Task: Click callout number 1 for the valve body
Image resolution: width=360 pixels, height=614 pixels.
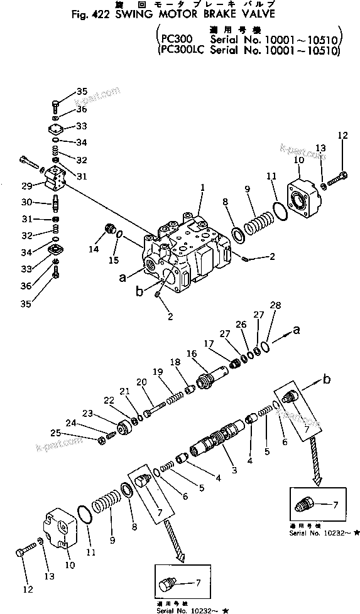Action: click(x=202, y=188)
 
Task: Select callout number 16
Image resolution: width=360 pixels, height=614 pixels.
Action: click(x=192, y=354)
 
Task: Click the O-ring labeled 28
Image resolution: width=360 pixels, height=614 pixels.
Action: click(x=267, y=345)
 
